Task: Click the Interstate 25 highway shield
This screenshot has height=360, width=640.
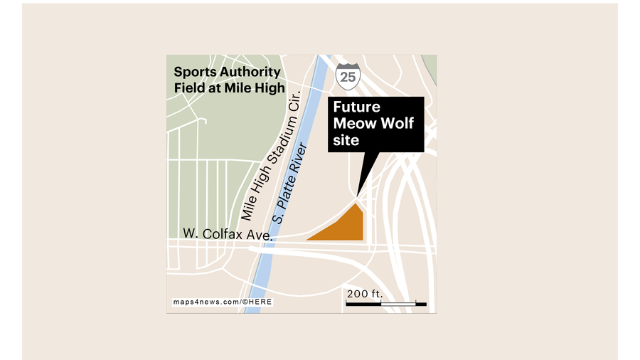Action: pyautogui.click(x=348, y=76)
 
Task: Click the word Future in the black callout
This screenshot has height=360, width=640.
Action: pyautogui.click(x=357, y=107)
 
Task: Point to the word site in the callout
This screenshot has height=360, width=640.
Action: pyautogui.click(x=346, y=140)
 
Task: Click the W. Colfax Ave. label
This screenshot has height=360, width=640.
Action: pyautogui.click(x=227, y=233)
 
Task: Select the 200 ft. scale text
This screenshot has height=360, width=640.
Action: pyautogui.click(x=365, y=294)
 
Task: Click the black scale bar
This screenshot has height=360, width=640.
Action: pyautogui.click(x=385, y=304)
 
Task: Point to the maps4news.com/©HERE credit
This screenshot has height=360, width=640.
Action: pyautogui.click(x=222, y=302)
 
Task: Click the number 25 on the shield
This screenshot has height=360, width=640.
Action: pyautogui.click(x=348, y=78)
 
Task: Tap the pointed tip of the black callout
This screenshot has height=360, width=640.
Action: pyautogui.click(x=357, y=195)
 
